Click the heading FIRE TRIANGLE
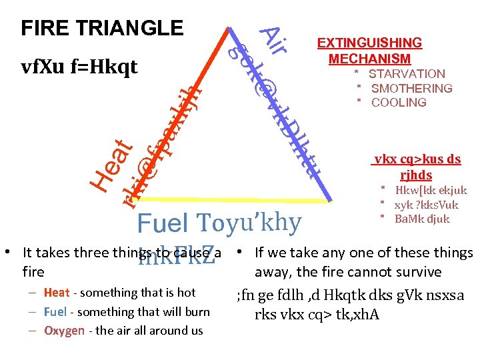102,28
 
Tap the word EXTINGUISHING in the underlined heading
369,43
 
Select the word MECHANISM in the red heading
369,59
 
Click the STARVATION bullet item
407,74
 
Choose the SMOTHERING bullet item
411,88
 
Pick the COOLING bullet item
399,102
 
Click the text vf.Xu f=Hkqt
79,67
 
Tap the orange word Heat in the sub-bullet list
57,292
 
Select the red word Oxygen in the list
64,331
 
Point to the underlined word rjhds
416,175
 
